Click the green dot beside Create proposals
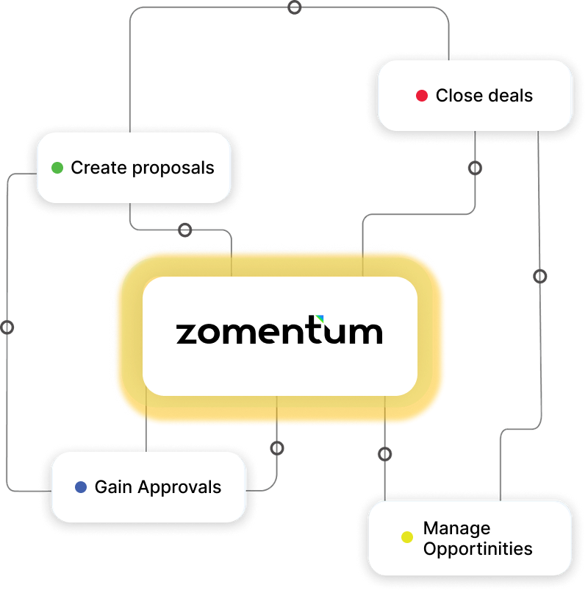pyautogui.click(x=57, y=168)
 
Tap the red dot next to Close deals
pyautogui.click(x=422, y=96)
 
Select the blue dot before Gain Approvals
pyautogui.click(x=81, y=487)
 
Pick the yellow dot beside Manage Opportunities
pyautogui.click(x=407, y=537)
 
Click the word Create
pyautogui.click(x=98, y=168)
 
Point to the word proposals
pyautogui.click(x=173, y=169)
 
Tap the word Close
pyautogui.click(x=460, y=96)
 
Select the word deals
pyautogui.click(x=511, y=96)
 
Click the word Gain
pyautogui.click(x=113, y=487)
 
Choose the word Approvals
pyautogui.click(x=179, y=488)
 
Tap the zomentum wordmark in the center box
pyautogui.click(x=279, y=330)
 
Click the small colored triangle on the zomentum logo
pyautogui.click(x=320, y=318)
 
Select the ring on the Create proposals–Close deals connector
pyautogui.click(x=294, y=7)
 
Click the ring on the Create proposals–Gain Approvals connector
pyautogui.click(x=7, y=327)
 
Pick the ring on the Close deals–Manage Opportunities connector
pyautogui.click(x=540, y=276)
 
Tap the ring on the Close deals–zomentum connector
pyautogui.click(x=475, y=168)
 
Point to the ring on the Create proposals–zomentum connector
pyautogui.click(x=185, y=230)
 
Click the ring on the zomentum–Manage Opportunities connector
pyautogui.click(x=384, y=454)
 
